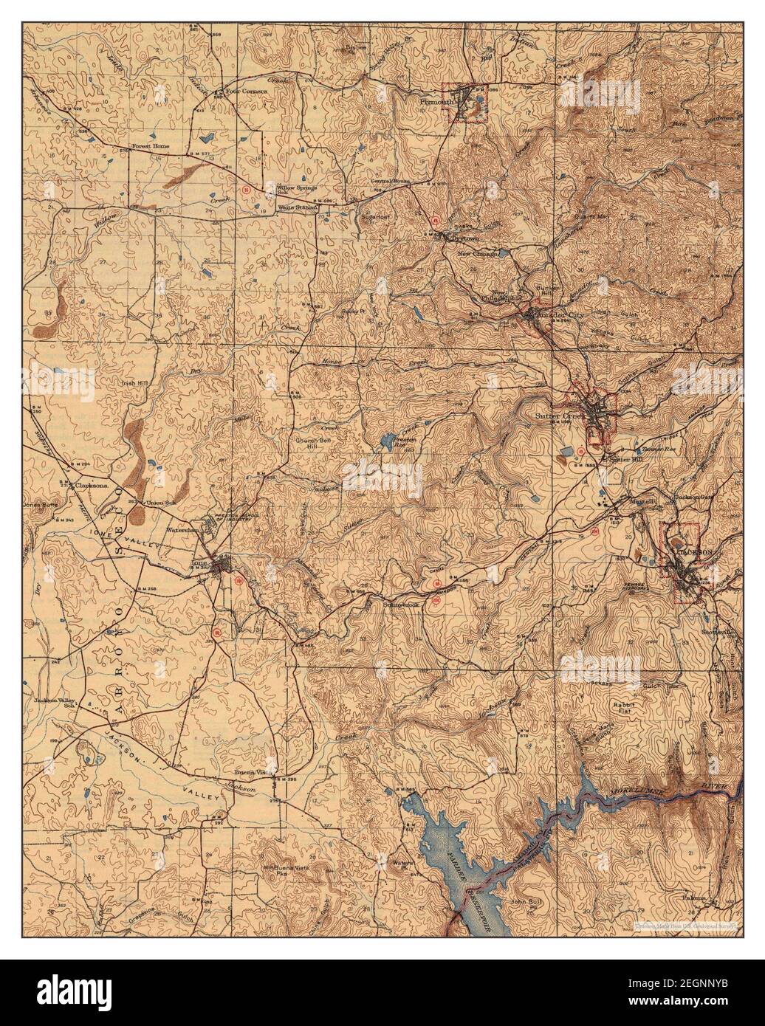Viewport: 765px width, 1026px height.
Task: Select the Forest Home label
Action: coord(151,146)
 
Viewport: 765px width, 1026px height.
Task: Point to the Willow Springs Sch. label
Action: coord(295,190)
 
